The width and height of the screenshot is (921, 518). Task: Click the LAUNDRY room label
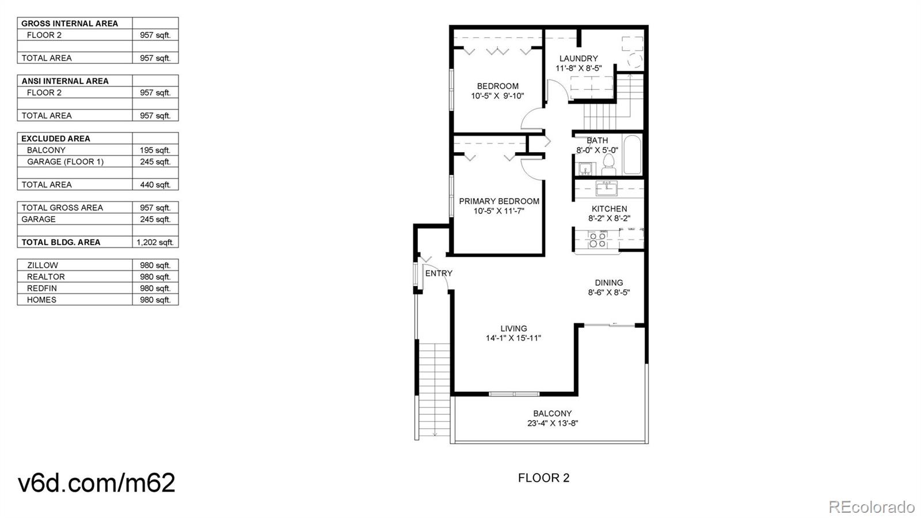pos(579,58)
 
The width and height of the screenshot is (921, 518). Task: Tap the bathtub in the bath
pos(632,154)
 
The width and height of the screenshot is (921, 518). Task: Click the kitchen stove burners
pos(597,240)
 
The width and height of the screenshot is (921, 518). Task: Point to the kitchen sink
pos(606,188)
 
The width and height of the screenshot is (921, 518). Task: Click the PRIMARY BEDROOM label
pos(499,201)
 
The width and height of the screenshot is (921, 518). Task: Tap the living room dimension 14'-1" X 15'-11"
pos(513,338)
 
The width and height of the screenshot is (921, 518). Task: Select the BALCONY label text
pos(552,413)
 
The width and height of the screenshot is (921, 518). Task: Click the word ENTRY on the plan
pos(439,273)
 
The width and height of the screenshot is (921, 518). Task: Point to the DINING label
pos(608,282)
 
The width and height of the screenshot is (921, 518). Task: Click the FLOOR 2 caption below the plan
pos(543,478)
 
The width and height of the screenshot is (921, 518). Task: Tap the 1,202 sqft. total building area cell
pos(155,242)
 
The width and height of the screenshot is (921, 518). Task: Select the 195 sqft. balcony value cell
pos(155,150)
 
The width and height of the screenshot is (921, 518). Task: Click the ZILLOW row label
pos(43,265)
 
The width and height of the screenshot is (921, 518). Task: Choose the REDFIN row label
pos(42,288)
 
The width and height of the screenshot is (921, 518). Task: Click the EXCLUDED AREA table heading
pos(56,138)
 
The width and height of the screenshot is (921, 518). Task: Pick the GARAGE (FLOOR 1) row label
pos(65,161)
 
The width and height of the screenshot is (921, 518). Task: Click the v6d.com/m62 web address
pos(97,482)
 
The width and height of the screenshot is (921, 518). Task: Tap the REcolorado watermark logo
pos(871,506)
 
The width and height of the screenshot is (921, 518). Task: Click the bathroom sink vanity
pos(585,169)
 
